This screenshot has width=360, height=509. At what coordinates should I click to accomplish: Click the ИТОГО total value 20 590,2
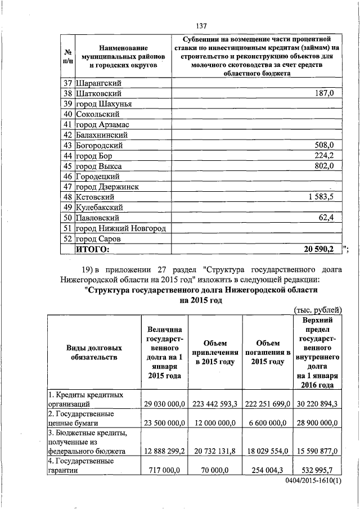click(318, 249)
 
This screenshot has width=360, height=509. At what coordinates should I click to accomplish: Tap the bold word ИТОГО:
click(93, 249)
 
